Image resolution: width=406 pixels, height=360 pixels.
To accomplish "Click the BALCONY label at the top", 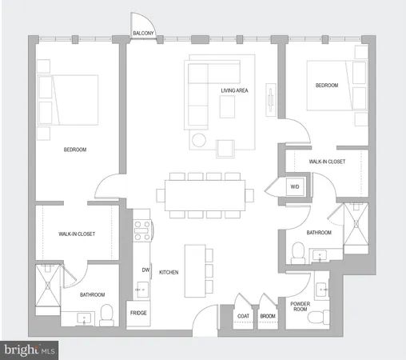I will tap(144, 33).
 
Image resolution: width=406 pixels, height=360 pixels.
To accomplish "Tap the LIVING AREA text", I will tap(234, 90).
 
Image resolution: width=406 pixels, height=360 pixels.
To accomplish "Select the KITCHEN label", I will tap(168, 273).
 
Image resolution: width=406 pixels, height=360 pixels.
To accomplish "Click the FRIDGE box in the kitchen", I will tap(138, 314).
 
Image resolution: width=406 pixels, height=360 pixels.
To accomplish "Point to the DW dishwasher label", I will tap(146, 270).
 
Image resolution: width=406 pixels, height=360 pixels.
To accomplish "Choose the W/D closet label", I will tap(294, 187).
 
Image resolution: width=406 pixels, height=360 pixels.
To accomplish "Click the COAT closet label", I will tap(244, 315).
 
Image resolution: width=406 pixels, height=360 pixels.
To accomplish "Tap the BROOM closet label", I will tap(268, 315).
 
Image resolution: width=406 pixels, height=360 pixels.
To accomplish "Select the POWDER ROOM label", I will tap(301, 306).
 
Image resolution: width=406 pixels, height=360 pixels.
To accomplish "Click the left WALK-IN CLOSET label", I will tap(78, 234).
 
